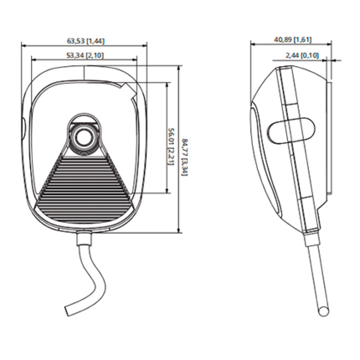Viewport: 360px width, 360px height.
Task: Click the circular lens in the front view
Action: click(84, 136)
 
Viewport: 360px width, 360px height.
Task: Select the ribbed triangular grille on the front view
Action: click(84, 184)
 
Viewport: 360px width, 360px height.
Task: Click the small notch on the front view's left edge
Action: click(23, 126)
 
